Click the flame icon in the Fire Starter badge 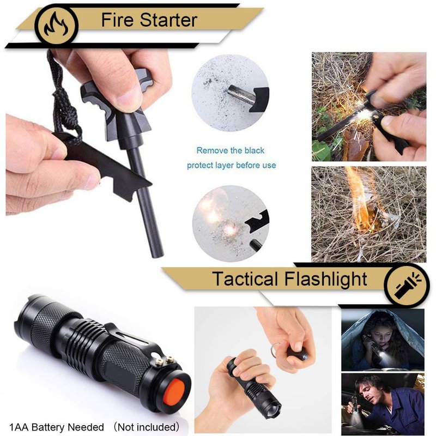pyautogui.click(x=57, y=25)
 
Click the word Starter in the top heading pyautogui.click(x=168, y=20)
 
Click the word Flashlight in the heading pyautogui.click(x=326, y=279)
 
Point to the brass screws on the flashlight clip pyautogui.click(x=165, y=361)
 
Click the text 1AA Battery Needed pyautogui.click(x=57, y=427)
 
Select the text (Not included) pyautogui.click(x=147, y=427)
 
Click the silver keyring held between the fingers pyautogui.click(x=275, y=352)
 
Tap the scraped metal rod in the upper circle pyautogui.click(x=241, y=94)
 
